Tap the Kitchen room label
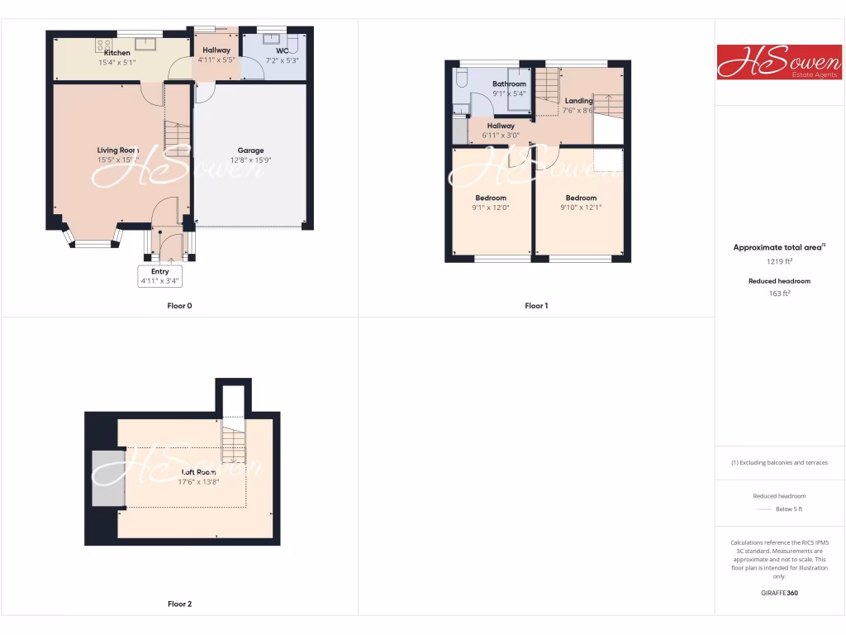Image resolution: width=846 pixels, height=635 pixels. [x=117, y=53]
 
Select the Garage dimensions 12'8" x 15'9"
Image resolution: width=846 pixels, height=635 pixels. [x=250, y=160]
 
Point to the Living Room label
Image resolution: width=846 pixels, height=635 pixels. [x=116, y=150]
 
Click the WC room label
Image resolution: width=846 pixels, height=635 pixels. [x=271, y=50]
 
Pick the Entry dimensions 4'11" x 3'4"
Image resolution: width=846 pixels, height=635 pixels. [x=160, y=281]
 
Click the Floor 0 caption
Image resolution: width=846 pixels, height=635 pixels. [x=179, y=306]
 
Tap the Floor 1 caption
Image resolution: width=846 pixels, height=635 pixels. [x=536, y=306]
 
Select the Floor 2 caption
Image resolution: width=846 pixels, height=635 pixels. [x=179, y=604]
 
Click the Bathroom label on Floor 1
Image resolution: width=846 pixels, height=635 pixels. [x=509, y=84]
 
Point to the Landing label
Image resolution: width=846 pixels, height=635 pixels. [x=578, y=101]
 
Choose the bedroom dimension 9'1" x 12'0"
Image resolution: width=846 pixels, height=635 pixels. [x=492, y=208]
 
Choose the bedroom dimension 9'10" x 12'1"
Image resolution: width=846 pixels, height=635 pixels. [x=581, y=208]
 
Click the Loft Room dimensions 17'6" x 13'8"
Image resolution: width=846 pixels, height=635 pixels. [x=198, y=482]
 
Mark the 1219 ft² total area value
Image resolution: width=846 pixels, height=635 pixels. [x=780, y=261]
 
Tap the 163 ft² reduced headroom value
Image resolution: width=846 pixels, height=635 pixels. [x=780, y=294]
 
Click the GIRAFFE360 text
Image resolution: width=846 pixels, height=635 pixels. [x=780, y=593]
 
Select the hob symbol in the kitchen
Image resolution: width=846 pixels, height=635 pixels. [x=104, y=45]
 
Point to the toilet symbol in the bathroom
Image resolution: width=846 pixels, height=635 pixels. [x=462, y=79]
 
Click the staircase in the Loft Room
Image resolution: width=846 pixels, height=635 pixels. [x=234, y=442]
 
